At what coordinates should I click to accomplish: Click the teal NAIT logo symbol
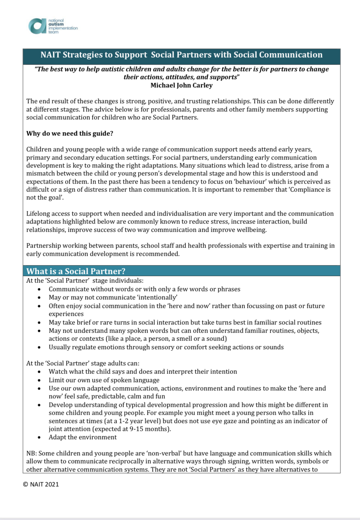click(37, 26)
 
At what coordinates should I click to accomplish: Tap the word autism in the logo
click(56, 24)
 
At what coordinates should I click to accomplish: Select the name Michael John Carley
click(181, 85)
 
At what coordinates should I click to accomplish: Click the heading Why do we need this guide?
click(70, 134)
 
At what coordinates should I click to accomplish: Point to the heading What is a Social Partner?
click(76, 271)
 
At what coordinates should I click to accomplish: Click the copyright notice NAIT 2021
click(41, 484)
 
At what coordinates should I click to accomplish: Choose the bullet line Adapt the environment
click(82, 437)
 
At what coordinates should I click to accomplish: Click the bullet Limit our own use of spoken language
click(104, 380)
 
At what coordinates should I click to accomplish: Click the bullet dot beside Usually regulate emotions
click(39, 347)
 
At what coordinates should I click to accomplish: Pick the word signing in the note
click(236, 461)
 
